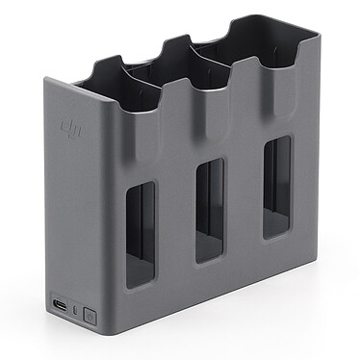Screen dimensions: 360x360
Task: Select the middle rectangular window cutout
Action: point(210,212)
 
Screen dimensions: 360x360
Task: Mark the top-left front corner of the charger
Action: point(42,83)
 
